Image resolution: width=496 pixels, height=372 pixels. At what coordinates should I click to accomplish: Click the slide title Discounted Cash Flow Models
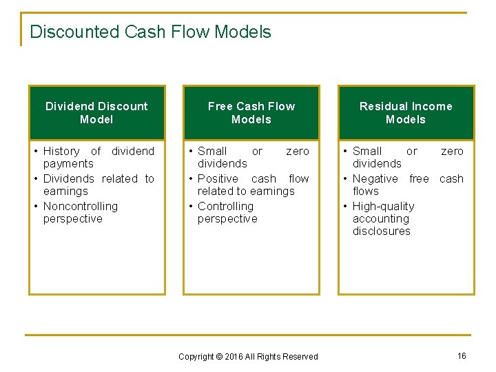(150, 32)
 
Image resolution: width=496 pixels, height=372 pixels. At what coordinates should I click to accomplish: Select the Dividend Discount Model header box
(96, 113)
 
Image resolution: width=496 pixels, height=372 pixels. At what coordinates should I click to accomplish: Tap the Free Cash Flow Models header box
(251, 113)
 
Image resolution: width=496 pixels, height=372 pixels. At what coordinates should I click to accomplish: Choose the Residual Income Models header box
(406, 113)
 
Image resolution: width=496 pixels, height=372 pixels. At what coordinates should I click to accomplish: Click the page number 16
(462, 355)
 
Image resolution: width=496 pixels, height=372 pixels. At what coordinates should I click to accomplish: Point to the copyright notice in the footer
(248, 356)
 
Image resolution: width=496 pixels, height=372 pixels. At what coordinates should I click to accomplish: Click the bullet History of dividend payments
(99, 157)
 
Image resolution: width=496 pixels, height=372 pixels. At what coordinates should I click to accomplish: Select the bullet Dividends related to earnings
(99, 185)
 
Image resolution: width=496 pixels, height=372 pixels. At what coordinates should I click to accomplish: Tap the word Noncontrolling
(81, 206)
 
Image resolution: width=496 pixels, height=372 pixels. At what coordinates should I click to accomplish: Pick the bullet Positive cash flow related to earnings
(253, 185)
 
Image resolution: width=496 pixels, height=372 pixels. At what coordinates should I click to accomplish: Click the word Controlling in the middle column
(225, 206)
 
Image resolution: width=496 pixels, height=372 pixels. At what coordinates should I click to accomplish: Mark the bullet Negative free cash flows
(407, 185)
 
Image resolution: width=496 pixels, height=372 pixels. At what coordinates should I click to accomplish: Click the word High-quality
(383, 206)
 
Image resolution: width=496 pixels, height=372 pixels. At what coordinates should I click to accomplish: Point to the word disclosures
(381, 231)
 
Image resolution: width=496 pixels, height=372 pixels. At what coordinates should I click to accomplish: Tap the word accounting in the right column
(380, 218)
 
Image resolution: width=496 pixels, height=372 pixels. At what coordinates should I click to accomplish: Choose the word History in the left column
(61, 151)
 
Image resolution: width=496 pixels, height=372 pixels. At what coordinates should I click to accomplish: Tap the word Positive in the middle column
(218, 178)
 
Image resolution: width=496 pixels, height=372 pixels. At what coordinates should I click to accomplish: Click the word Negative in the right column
(375, 178)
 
